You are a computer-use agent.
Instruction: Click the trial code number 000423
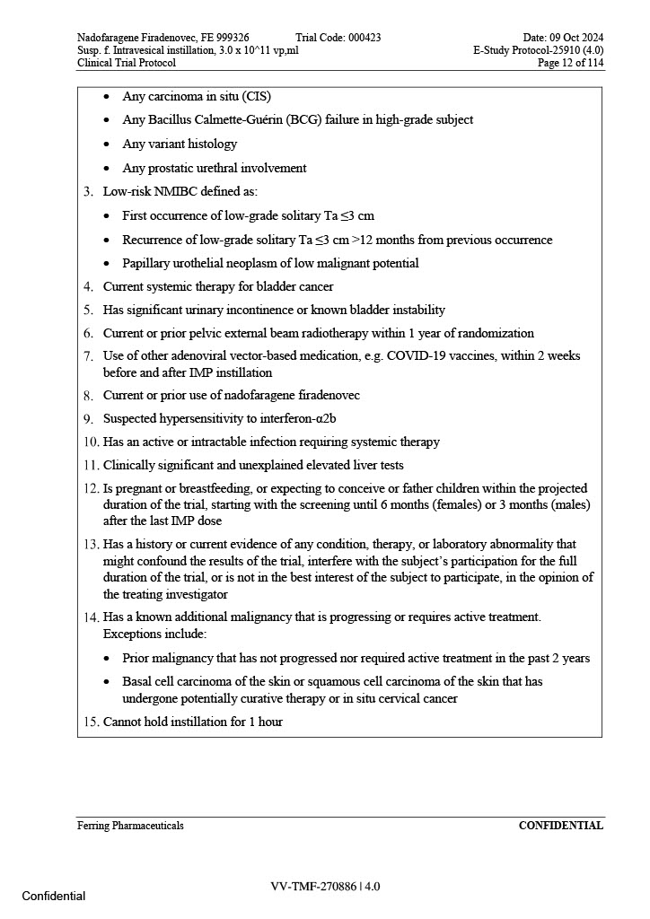pos(363,38)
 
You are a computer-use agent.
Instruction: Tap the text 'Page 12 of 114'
pos(570,64)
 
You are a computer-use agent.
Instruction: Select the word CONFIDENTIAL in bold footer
pos(560,826)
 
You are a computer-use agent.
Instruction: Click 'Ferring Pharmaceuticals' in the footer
pos(130,826)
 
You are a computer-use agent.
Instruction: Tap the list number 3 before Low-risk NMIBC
pos(88,192)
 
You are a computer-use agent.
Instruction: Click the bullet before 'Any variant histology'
pos(108,144)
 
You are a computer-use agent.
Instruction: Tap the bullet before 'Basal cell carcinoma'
pos(108,682)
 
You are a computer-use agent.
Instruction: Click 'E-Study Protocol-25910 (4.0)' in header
pos(538,51)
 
